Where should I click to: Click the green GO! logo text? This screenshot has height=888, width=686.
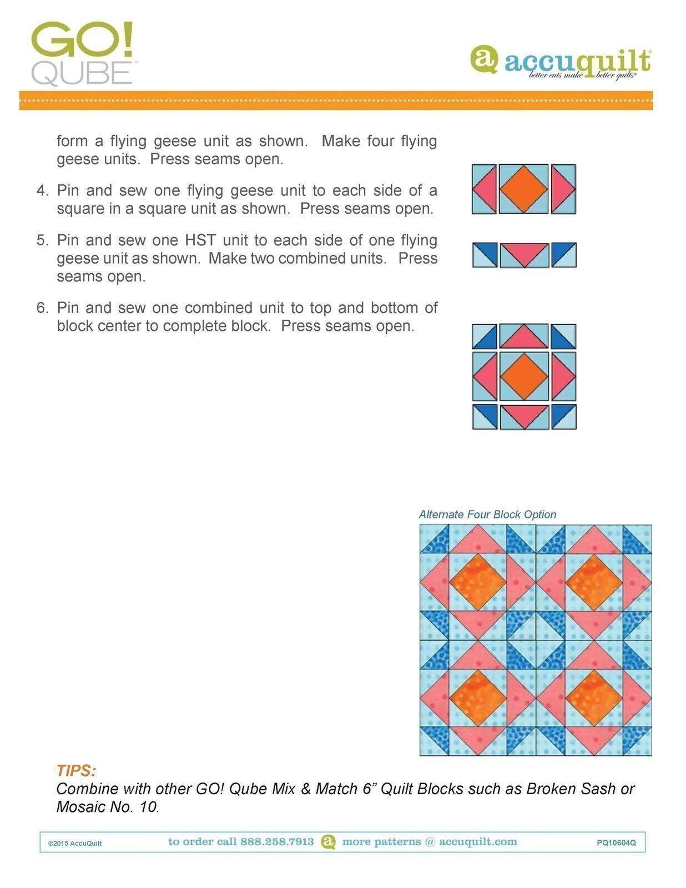pyautogui.click(x=82, y=41)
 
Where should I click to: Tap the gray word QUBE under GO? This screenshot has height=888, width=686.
pyautogui.click(x=82, y=74)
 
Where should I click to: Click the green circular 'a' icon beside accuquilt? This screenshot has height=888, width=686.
pyautogui.click(x=484, y=59)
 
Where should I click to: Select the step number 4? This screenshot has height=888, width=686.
pyautogui.click(x=42, y=191)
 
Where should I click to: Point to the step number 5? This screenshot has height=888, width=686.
pyautogui.click(x=42, y=241)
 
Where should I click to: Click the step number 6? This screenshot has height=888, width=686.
pyautogui.click(x=42, y=308)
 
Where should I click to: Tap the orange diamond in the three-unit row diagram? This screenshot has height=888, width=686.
pyautogui.click(x=523, y=189)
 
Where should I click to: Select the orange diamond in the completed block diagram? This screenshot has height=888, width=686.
pyautogui.click(x=523, y=376)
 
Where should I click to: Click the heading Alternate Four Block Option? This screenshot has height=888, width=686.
pyautogui.click(x=487, y=514)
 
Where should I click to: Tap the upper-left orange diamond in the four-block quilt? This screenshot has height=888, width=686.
pyautogui.click(x=477, y=582)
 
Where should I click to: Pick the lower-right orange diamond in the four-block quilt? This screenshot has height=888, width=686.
pyautogui.click(x=594, y=698)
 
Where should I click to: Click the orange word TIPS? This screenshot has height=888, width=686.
pyautogui.click(x=76, y=771)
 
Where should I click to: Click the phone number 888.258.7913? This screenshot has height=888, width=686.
pyautogui.click(x=276, y=842)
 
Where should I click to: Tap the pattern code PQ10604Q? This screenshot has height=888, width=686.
pyautogui.click(x=616, y=843)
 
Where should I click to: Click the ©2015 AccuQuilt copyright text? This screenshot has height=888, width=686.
pyautogui.click(x=75, y=844)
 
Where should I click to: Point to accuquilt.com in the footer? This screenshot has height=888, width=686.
pyautogui.click(x=478, y=842)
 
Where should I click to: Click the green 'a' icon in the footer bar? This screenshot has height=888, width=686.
pyautogui.click(x=328, y=842)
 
